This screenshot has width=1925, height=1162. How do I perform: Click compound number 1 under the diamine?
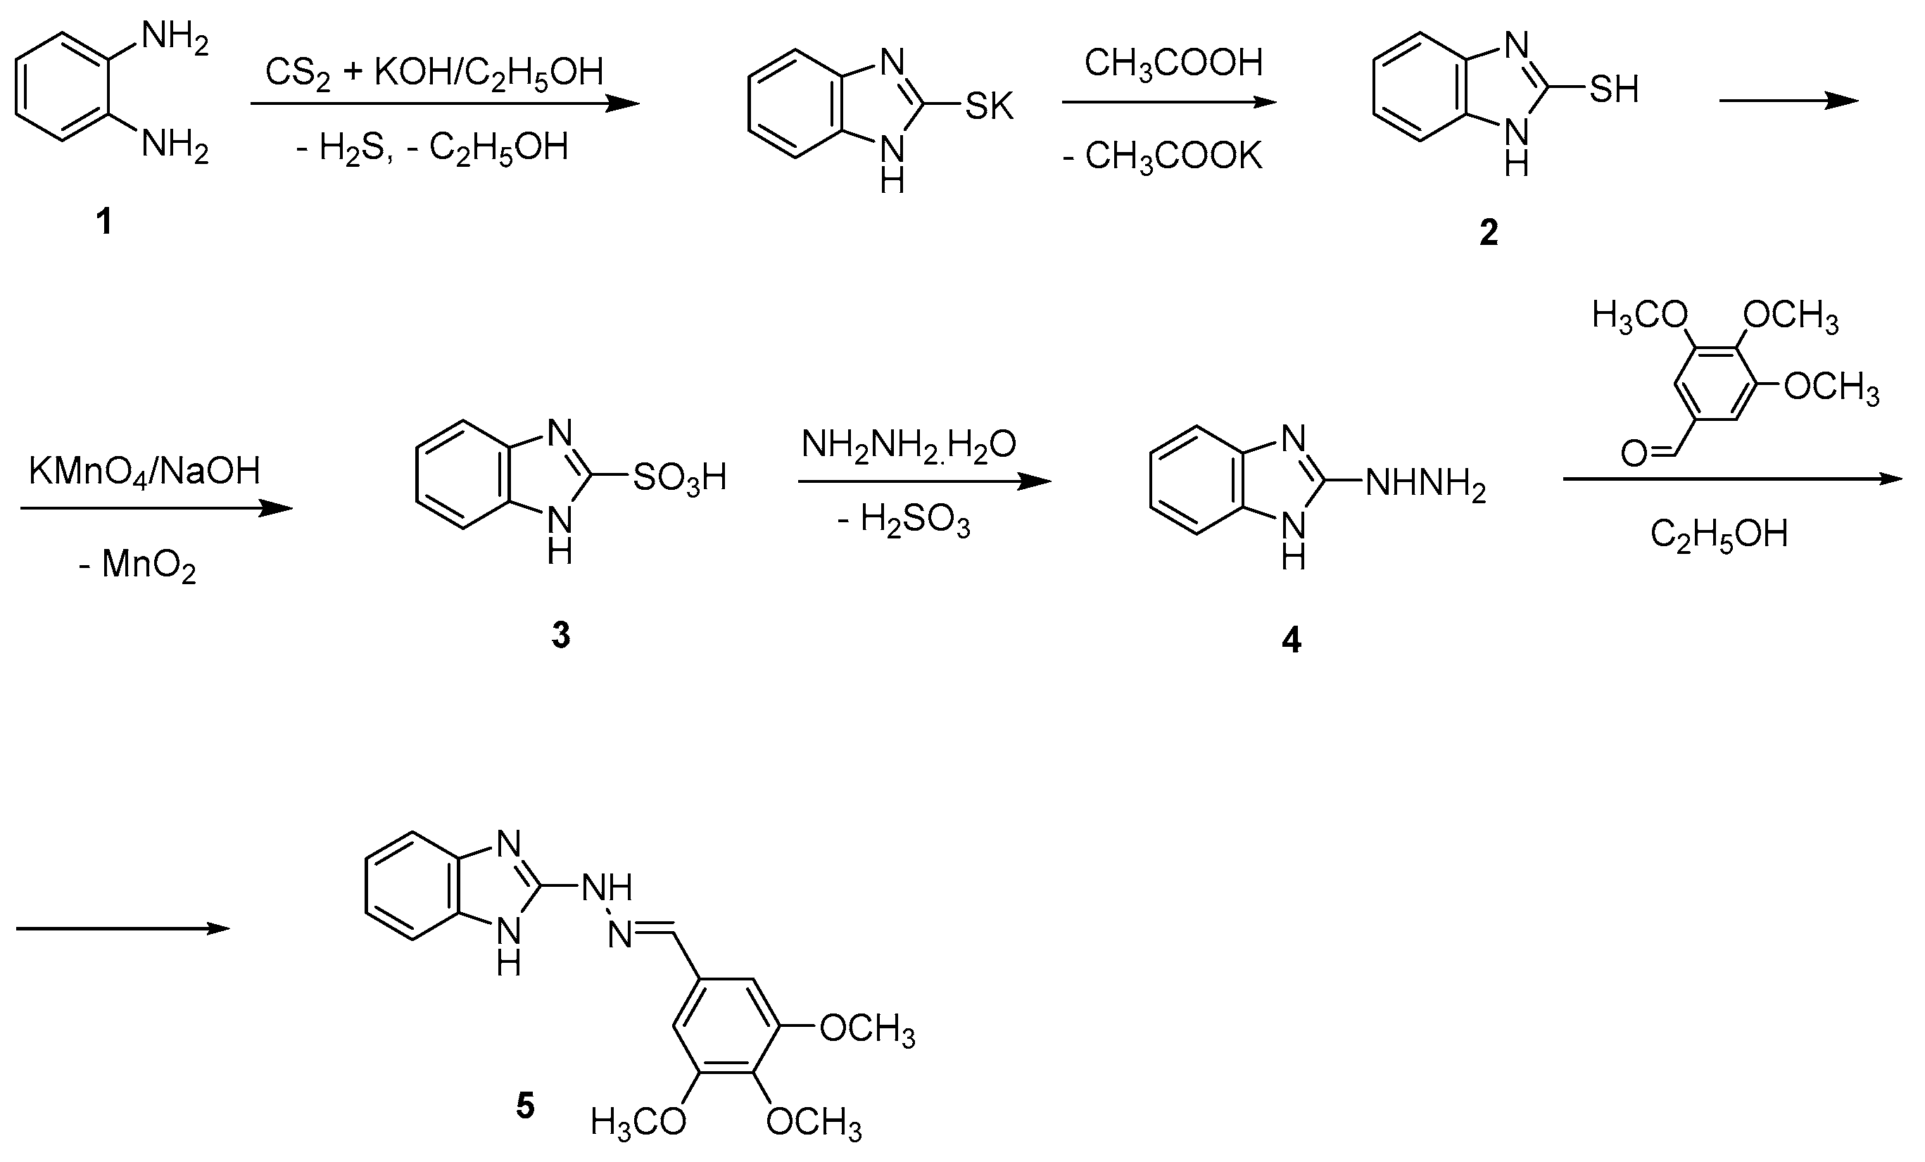click(104, 222)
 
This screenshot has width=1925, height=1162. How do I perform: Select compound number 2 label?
click(1489, 233)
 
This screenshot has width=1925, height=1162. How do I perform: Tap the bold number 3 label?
click(561, 636)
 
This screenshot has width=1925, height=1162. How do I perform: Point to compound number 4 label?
click(1292, 640)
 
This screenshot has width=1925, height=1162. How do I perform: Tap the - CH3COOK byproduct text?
click(1162, 156)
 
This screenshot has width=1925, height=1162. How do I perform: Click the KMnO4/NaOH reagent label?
click(144, 472)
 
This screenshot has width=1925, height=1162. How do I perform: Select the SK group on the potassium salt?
click(988, 106)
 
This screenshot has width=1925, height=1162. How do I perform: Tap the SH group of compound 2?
click(1614, 90)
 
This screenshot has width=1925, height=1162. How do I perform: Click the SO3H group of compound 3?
click(680, 477)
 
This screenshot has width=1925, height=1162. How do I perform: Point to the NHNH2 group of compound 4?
click(1425, 485)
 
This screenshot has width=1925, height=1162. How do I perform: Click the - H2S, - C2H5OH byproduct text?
click(432, 148)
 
